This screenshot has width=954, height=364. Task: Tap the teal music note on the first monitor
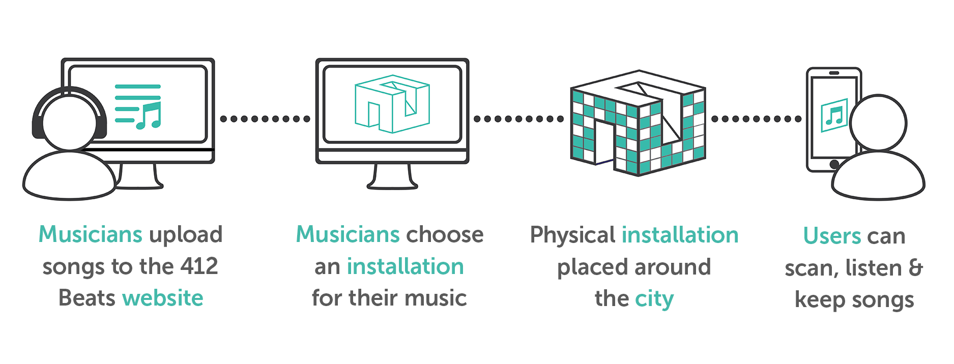pos(150,116)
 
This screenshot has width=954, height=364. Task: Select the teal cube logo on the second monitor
pos(392,104)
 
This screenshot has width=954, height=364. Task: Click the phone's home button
pos(834,164)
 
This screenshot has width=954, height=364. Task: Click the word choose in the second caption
pos(445,235)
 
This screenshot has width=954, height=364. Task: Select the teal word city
pos(654,299)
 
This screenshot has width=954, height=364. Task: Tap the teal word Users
pos(831,236)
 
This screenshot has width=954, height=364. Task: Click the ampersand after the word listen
pos(916,268)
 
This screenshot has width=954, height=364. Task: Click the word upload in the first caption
pos(186,235)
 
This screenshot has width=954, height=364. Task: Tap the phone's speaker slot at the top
pos(834,73)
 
